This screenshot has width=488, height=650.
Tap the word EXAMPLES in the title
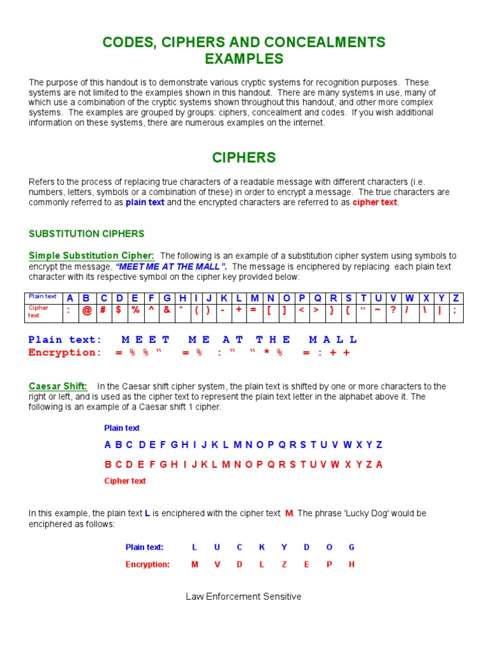click(244, 59)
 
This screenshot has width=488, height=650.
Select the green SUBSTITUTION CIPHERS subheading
click(86, 234)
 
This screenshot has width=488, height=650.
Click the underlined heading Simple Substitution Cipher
click(91, 255)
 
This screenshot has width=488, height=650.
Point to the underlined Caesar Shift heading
click(58, 386)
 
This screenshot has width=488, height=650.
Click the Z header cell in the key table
click(455, 298)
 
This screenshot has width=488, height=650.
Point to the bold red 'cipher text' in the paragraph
click(375, 202)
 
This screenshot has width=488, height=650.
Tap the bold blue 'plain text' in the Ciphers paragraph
click(145, 202)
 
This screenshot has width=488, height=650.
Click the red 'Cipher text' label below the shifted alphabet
click(125, 481)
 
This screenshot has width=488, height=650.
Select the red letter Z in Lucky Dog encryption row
click(284, 564)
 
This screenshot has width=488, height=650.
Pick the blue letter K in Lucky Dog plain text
click(261, 547)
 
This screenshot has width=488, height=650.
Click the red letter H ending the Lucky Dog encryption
click(351, 564)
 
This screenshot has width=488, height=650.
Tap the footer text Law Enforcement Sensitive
click(243, 597)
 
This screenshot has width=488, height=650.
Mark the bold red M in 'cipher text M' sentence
click(288, 513)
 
